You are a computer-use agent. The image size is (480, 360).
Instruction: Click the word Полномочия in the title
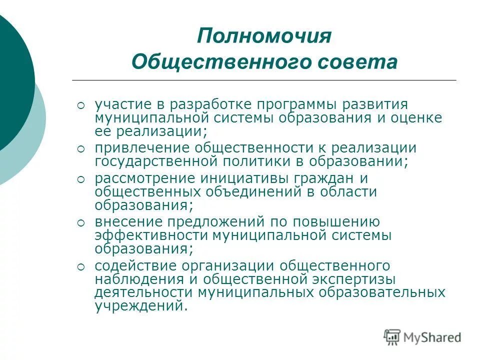point(264,36)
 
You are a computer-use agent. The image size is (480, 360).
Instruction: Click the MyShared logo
point(422,337)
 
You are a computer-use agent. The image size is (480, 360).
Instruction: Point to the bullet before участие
point(81,105)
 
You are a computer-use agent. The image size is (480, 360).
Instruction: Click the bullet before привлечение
point(81,149)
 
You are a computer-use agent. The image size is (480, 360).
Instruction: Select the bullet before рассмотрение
point(81,179)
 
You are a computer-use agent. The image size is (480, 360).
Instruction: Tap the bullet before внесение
point(81,222)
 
